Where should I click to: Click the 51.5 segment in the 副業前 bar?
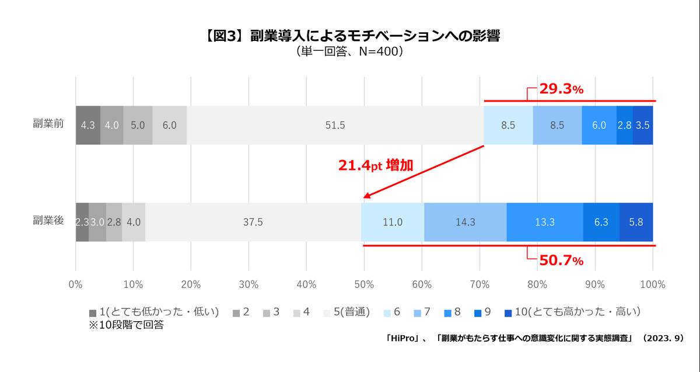coord(335,125)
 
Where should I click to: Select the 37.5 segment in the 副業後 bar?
coord(253,222)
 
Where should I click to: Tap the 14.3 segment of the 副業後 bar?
coord(465,222)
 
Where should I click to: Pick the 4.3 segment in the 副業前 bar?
coord(88,125)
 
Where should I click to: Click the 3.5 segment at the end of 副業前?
coord(643,125)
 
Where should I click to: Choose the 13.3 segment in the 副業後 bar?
coord(544,222)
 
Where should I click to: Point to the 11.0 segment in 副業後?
coord(393,222)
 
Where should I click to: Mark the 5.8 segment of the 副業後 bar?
coord(636,222)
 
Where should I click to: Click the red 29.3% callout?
coord(561,89)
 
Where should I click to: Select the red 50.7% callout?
coord(561,260)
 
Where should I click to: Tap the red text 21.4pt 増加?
coord(376,165)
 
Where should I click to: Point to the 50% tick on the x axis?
coord(364,284)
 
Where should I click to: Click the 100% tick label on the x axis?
coord(652,284)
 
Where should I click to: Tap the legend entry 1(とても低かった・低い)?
coord(154,312)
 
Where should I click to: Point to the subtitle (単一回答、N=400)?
coord(350,51)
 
